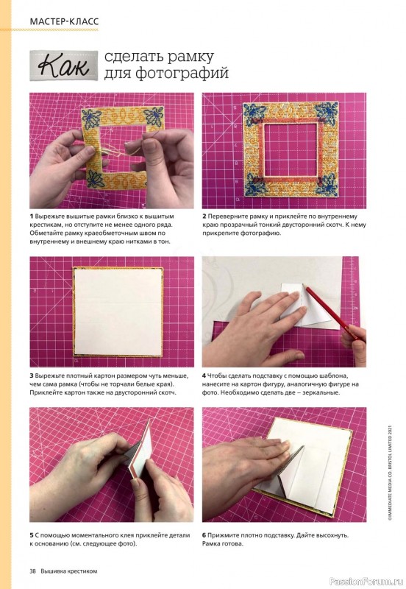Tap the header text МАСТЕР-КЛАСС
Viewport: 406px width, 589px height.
[x=64, y=21]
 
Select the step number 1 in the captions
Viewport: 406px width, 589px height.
[x=32, y=216]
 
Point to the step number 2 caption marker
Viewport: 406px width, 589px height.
[x=204, y=216]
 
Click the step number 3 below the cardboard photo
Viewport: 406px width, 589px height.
[x=32, y=375]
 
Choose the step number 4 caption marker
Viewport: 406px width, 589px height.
[x=204, y=375]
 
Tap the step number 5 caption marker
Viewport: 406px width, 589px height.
[x=32, y=535]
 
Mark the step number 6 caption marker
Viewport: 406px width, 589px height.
[x=204, y=535]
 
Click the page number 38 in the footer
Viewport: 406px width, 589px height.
[x=32, y=571]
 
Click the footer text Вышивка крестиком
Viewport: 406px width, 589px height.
[x=69, y=571]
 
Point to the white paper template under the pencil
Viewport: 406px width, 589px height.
[x=306, y=304]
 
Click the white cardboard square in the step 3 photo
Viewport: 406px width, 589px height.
[x=118, y=311]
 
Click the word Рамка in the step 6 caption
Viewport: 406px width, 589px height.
[x=212, y=543]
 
